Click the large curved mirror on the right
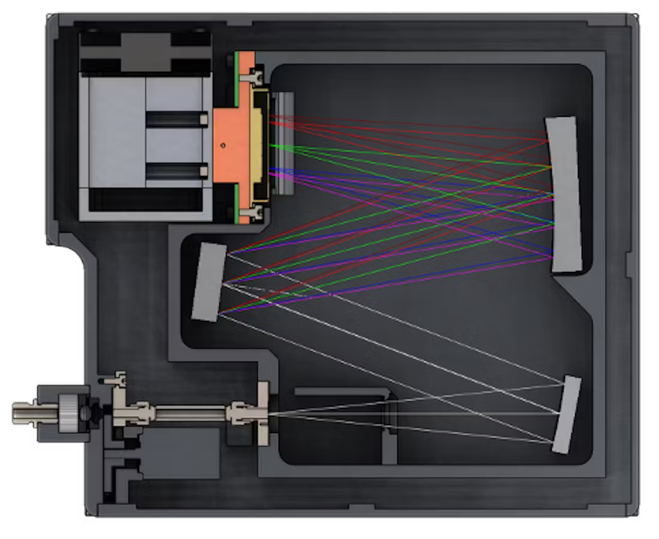pyautogui.click(x=564, y=195)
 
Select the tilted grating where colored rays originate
pyautogui.click(x=208, y=281)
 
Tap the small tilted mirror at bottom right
pyautogui.click(x=566, y=414)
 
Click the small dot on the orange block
pyautogui.click(x=223, y=144)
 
